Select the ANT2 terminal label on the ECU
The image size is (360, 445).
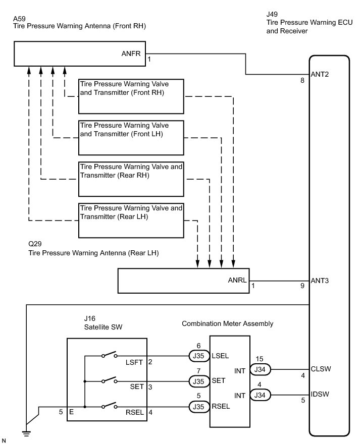pos(320,74)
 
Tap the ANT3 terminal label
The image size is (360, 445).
pos(320,281)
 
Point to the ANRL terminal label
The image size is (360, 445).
pos(237,281)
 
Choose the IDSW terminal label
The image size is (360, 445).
pos(321,394)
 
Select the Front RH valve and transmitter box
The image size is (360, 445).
pos(131,96)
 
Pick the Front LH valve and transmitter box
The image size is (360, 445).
pos(131,137)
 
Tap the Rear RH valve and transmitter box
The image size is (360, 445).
pos(131,179)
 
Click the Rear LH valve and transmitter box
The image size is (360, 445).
pos(131,220)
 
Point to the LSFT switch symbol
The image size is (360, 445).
pos(109,356)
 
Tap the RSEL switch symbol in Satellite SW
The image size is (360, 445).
pos(109,406)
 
